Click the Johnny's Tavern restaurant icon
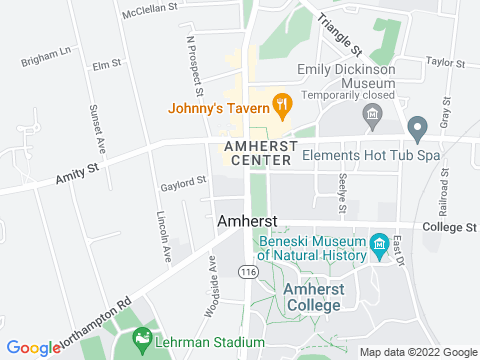pyautogui.click(x=283, y=102)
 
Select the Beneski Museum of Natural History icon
pyautogui.click(x=379, y=245)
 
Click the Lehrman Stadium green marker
pyautogui.click(x=142, y=340)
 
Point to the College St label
pyautogui.click(x=449, y=227)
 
